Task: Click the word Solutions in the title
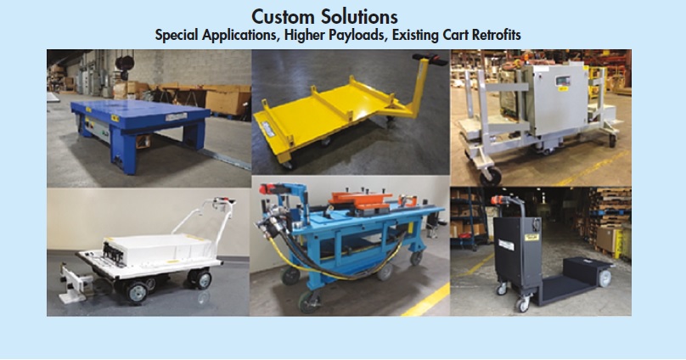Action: pyautogui.click(x=359, y=17)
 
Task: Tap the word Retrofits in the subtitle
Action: pyautogui.click(x=496, y=35)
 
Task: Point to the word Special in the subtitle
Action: pyautogui.click(x=177, y=35)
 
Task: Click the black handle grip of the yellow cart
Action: pyautogui.click(x=430, y=59)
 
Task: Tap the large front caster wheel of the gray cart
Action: pyautogui.click(x=491, y=176)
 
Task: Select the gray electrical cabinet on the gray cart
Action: pyautogui.click(x=555, y=98)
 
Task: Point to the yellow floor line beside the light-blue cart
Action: pyautogui.click(x=425, y=301)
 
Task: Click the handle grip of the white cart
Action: pyautogui.click(x=224, y=201)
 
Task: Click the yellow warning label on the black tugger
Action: pyautogui.click(x=531, y=237)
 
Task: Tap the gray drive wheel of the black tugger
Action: pyautogui.click(x=604, y=278)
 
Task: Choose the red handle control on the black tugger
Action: pyautogui.click(x=498, y=200)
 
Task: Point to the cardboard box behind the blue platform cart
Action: pyautogui.click(x=228, y=102)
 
